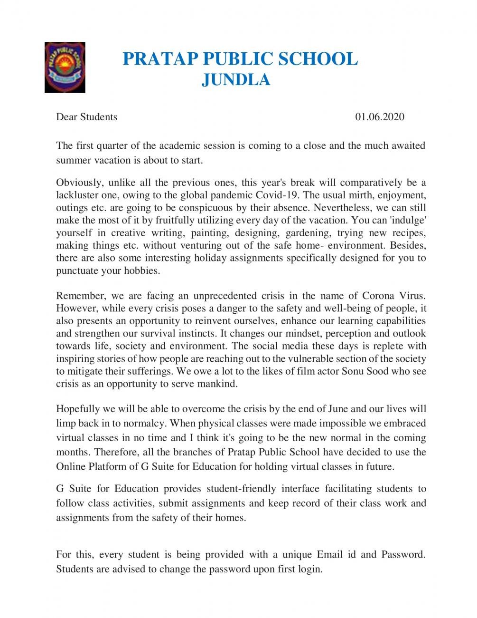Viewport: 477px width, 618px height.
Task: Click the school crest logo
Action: (x=65, y=67)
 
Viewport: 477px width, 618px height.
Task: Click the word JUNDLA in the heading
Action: (x=236, y=79)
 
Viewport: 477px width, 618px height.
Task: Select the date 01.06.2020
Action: (x=380, y=117)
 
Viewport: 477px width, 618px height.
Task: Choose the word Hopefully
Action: (x=78, y=409)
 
